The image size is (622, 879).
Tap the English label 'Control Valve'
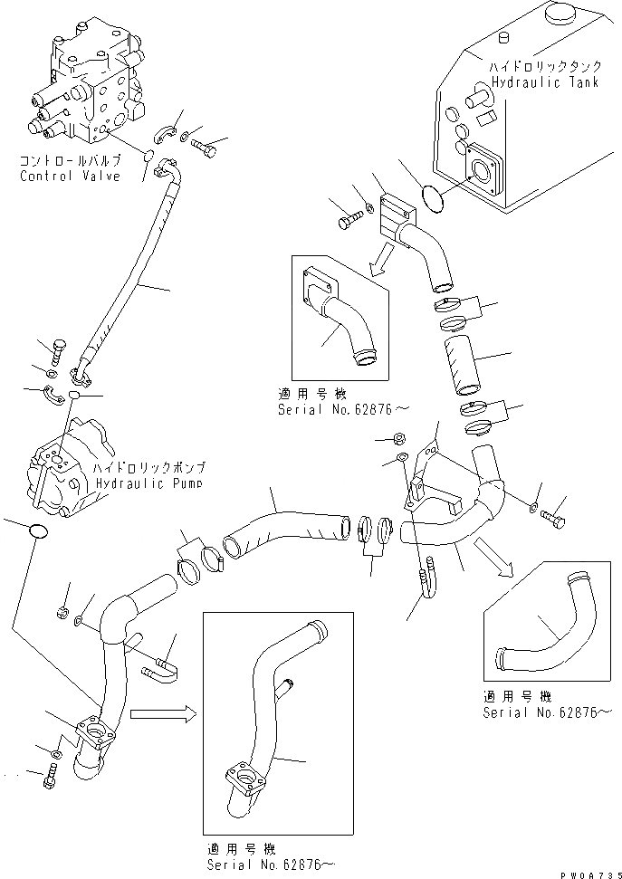pyautogui.click(x=70, y=177)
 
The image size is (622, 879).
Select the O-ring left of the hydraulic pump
pyautogui.click(x=35, y=531)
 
